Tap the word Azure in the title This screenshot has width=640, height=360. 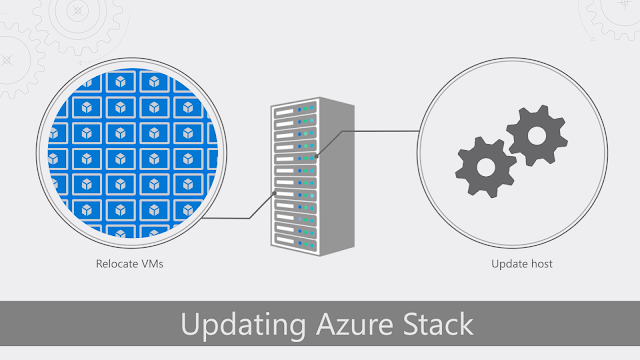(x=339, y=325)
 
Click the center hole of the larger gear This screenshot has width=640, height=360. (x=482, y=167)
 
